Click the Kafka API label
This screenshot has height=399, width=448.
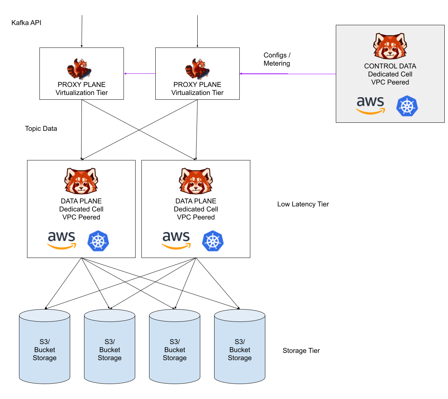pos(26,23)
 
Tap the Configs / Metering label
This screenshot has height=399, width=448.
pos(277,59)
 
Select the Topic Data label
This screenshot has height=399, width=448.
pos(41,129)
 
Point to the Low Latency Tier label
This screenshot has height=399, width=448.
pos(303,204)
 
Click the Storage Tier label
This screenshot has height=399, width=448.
pos(301,351)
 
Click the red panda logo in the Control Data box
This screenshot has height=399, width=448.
pos(390,46)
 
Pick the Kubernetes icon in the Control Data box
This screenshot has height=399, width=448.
pos(407,106)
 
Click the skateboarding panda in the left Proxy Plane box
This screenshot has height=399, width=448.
pos(80,69)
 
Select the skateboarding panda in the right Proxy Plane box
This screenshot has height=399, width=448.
pos(198,69)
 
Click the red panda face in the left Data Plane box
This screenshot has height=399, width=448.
pos(81,181)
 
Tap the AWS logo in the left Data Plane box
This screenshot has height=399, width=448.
pos(62,240)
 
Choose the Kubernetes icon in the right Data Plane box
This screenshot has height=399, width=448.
pos(213,241)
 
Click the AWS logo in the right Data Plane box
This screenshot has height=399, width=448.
pos(176,240)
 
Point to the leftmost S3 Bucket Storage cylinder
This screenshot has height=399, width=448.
pos(45,346)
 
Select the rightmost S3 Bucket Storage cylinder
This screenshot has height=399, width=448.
pos(240,346)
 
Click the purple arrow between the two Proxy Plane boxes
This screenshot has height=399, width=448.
pos(140,74)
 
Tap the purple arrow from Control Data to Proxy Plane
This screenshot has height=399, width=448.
pos(288,74)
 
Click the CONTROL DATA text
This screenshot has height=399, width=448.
pos(390,66)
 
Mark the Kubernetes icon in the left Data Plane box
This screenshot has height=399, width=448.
pos(98,241)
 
